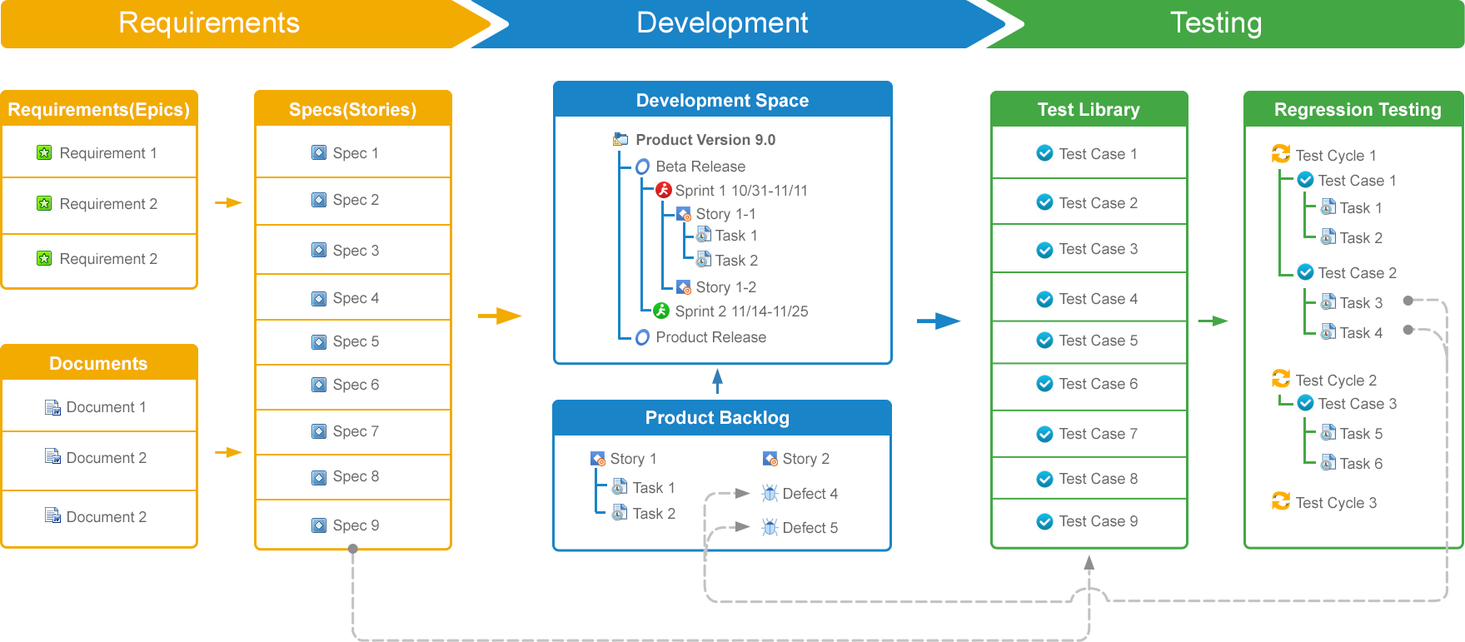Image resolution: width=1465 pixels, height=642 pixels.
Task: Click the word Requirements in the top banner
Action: coord(209,22)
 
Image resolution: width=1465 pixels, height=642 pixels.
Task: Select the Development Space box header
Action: coord(723,100)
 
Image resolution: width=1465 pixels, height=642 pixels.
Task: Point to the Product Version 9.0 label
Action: coord(705,140)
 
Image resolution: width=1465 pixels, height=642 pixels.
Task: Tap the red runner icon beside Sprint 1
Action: coord(663,190)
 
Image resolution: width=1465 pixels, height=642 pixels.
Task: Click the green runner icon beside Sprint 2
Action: coord(661,311)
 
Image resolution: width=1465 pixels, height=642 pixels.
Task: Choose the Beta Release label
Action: coord(700,167)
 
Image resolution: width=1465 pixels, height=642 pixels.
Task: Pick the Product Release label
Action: coord(710,337)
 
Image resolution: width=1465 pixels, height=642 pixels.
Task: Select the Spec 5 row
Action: coord(353,341)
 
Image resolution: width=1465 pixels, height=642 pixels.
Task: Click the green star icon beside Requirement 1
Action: coord(44,152)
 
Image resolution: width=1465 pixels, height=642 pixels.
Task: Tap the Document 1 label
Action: coord(106,407)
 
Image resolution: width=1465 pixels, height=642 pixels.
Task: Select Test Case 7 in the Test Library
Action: coord(1098,434)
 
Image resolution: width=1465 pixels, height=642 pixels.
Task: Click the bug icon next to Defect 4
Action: coord(770,493)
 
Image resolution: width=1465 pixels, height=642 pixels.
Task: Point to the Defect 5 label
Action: coord(810,528)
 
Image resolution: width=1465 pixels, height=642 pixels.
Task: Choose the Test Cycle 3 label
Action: coord(1336,503)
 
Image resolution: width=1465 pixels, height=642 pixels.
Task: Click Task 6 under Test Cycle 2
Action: coord(1361,464)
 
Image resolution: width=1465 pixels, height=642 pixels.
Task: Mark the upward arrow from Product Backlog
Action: coord(717,381)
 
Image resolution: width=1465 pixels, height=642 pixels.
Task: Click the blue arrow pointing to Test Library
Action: coord(939,321)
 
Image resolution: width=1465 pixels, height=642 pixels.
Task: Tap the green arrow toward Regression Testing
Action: coord(1213,321)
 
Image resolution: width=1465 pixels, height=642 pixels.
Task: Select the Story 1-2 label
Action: coord(726,287)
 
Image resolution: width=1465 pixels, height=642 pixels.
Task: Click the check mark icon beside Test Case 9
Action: coord(1044,521)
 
